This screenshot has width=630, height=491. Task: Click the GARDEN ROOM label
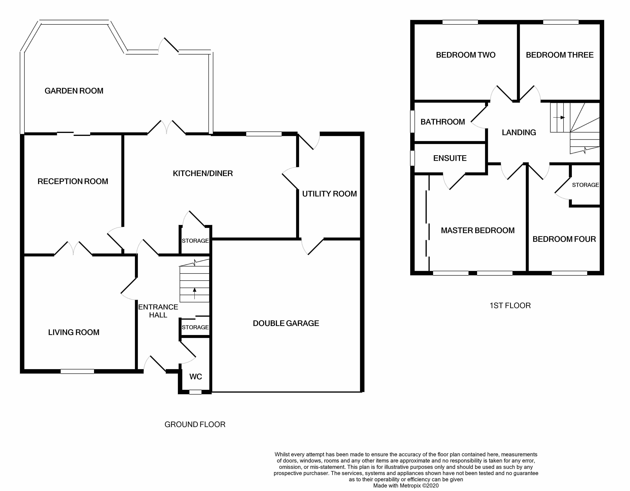pyautogui.click(x=74, y=91)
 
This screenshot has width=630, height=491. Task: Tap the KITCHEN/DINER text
pyautogui.click(x=203, y=173)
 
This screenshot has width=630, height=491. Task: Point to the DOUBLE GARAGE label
pyautogui.click(x=286, y=323)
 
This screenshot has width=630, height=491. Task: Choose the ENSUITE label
pyautogui.click(x=450, y=158)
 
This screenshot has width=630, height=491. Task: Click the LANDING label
pyautogui.click(x=519, y=132)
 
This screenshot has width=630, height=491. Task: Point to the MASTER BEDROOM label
pyautogui.click(x=478, y=230)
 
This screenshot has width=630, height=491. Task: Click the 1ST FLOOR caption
pyautogui.click(x=510, y=305)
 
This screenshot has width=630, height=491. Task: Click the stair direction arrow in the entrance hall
pyautogui.click(x=194, y=293)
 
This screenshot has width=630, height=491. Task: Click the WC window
pyautogui.click(x=195, y=392)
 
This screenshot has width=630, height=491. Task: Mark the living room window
pyautogui.click(x=77, y=371)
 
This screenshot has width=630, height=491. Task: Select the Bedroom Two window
pyautogui.click(x=460, y=22)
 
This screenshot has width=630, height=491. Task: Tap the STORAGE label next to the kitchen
pyautogui.click(x=195, y=241)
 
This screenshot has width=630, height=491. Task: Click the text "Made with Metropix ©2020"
pyautogui.click(x=406, y=486)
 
